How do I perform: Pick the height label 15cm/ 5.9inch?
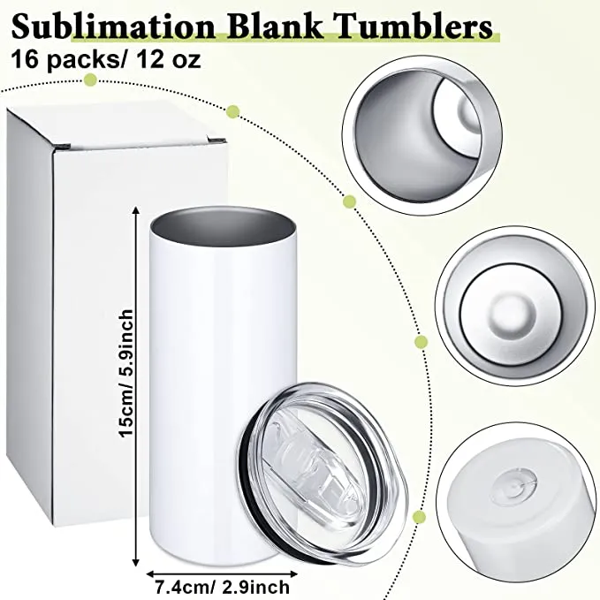coord(126,373)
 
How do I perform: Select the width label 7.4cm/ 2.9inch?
coord(223,587)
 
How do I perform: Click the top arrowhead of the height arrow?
coord(134,209)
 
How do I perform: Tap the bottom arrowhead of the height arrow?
coord(135,563)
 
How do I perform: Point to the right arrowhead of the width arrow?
coord(293,574)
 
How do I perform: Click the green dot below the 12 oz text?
coord(91,80)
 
